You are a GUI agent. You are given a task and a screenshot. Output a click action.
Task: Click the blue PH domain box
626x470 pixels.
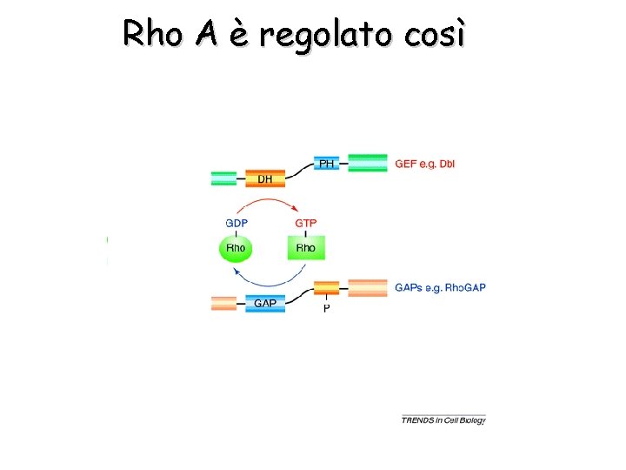tap(326, 163)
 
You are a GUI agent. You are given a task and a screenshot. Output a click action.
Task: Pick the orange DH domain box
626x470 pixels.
tap(265, 178)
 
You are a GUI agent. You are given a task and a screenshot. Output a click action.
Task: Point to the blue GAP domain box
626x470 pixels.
tap(265, 304)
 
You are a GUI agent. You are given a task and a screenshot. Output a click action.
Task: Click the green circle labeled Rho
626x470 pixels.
tap(235, 249)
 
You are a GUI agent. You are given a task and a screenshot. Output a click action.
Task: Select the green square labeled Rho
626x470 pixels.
tap(306, 249)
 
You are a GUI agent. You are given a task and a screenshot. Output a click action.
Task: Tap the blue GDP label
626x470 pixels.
tap(236, 223)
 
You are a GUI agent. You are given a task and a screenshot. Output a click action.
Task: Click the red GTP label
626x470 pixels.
tap(306, 223)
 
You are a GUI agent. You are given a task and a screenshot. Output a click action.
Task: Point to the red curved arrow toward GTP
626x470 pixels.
tap(270, 202)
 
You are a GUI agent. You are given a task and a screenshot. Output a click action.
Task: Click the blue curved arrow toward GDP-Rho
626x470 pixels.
tap(270, 281)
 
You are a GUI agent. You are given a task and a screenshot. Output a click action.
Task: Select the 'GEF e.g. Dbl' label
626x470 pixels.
tap(425, 163)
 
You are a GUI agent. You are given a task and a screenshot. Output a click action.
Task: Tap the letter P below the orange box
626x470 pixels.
tap(327, 308)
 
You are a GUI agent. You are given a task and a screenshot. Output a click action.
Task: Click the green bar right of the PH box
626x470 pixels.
tap(368, 163)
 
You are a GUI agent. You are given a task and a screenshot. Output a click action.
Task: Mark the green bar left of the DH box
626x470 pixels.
tap(223, 178)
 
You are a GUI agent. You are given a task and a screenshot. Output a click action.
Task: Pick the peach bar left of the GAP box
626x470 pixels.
tap(223, 304)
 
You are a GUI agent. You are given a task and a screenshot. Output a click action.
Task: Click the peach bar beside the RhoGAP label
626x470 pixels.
tap(368, 287)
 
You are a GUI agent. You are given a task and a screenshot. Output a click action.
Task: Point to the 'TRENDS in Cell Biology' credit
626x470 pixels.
tap(443, 420)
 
